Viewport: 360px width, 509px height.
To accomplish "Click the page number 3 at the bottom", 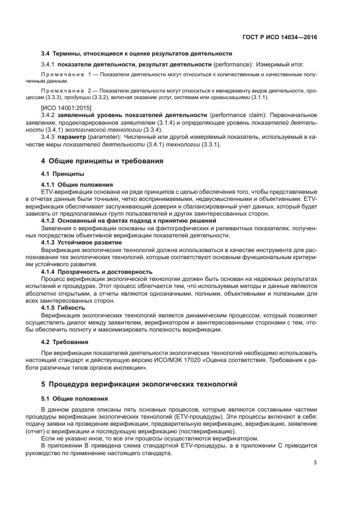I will click(x=315, y=463).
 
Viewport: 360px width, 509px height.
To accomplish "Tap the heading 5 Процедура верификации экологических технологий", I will click(x=139, y=384).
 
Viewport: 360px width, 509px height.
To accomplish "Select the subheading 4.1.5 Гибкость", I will click(x=63, y=308).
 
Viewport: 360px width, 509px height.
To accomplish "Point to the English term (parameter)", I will click(x=103, y=138).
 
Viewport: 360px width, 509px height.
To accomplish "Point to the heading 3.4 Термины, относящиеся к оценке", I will click(x=137, y=53).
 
